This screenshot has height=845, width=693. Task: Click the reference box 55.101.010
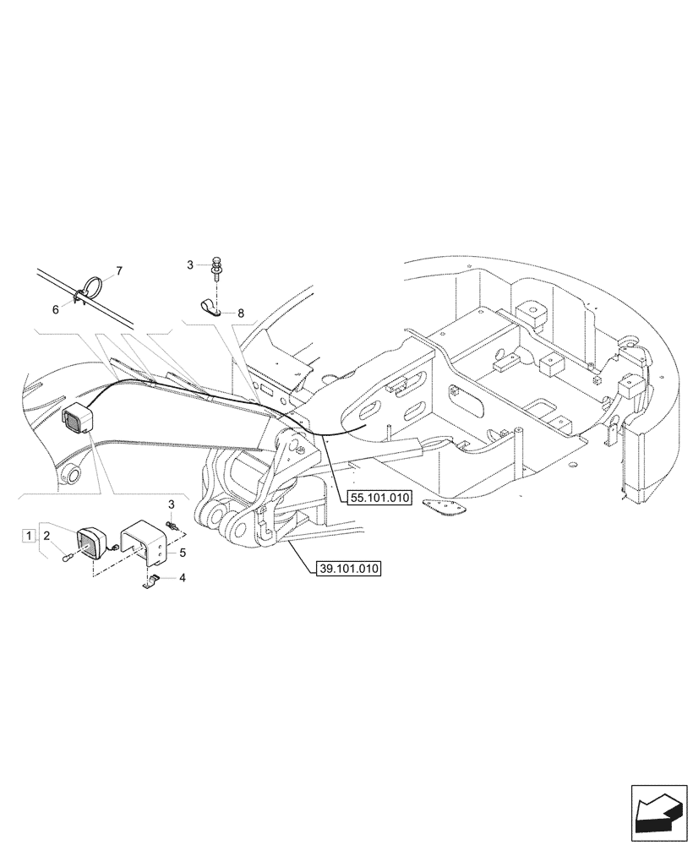click(378, 499)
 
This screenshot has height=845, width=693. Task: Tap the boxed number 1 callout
click(29, 535)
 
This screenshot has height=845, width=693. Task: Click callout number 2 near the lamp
click(47, 536)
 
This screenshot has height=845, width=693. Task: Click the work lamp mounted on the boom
click(75, 419)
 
